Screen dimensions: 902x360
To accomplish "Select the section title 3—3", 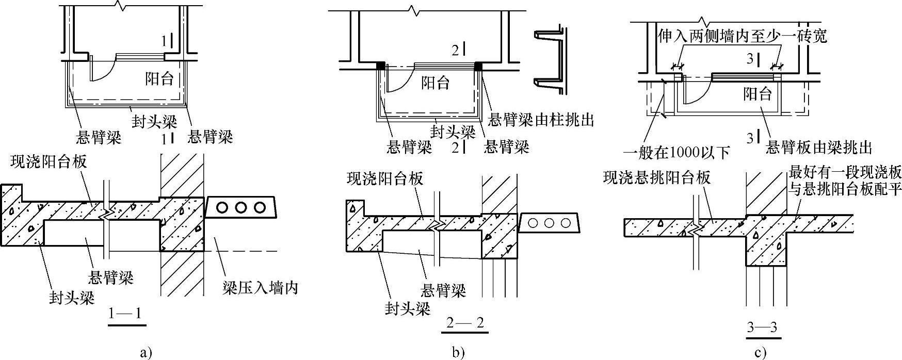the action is point(762,328).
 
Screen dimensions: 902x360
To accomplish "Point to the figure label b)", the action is point(458,353).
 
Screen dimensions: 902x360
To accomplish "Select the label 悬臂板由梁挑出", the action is point(819,148).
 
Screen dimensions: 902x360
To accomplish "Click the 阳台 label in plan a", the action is point(159,79).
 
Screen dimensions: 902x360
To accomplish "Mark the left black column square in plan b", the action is point(380,66).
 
